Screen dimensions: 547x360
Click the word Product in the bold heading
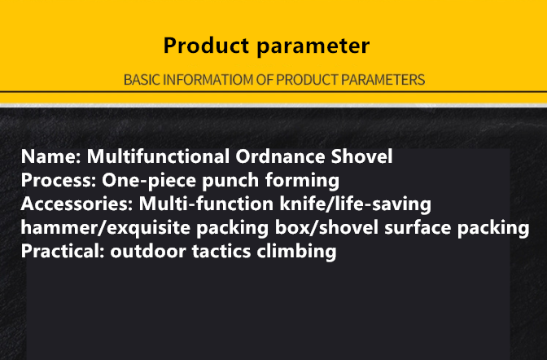click(206, 46)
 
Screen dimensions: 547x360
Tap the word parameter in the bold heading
click(313, 46)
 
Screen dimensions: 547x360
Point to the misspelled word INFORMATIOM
click(208, 80)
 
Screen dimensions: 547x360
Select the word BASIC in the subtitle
click(142, 80)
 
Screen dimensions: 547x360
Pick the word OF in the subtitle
click(265, 80)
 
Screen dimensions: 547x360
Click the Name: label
click(51, 156)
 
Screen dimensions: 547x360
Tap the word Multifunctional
click(158, 156)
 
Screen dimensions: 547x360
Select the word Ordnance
click(280, 156)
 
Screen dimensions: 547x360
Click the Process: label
click(59, 180)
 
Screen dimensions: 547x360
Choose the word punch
click(230, 181)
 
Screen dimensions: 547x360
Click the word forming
click(302, 181)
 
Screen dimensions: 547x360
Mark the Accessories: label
click(77, 204)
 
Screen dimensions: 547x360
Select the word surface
click(418, 228)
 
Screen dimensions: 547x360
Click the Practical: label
click(63, 251)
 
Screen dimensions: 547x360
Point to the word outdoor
click(148, 251)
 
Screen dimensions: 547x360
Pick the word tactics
click(221, 252)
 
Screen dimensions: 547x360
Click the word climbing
click(296, 252)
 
